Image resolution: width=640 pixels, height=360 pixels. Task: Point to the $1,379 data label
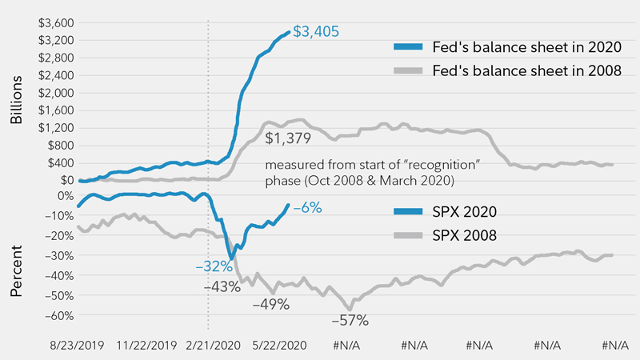pos(288,138)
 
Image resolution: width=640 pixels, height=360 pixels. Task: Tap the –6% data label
pos(307,207)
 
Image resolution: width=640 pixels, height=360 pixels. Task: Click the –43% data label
pos(223,286)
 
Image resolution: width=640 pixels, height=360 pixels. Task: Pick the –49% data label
pos(270,305)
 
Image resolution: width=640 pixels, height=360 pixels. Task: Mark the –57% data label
pos(350,320)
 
